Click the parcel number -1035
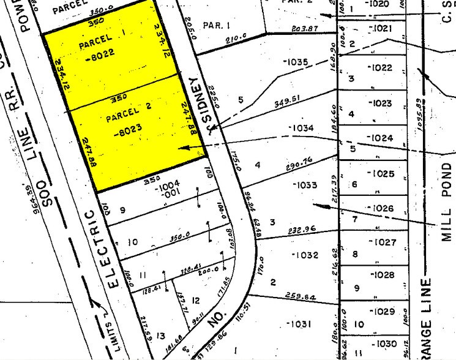pos(297,62)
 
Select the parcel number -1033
pos(305,185)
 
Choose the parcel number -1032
pos(307,255)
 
